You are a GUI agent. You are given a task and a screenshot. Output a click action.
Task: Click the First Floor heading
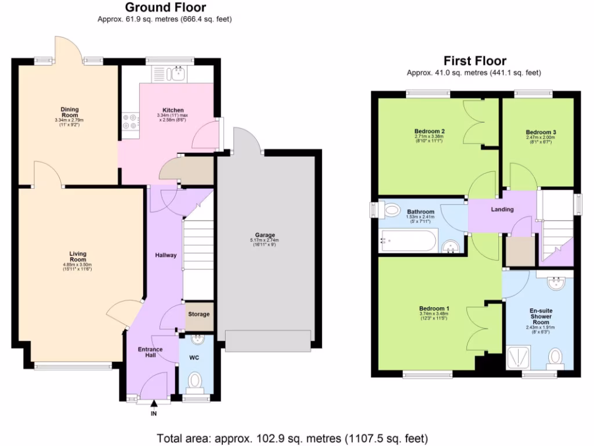point(475,60)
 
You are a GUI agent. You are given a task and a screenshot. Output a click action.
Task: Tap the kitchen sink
point(175,74)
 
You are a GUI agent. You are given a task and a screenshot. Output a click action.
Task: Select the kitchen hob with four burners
point(131,121)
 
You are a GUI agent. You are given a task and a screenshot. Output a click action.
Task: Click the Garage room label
point(265,235)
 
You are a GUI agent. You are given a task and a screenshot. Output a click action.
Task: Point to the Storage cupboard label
point(199,314)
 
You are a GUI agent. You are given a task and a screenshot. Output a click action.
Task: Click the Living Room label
point(78,257)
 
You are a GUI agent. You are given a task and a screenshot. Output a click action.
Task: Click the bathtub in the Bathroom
point(407,240)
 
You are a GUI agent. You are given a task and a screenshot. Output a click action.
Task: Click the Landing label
point(502,209)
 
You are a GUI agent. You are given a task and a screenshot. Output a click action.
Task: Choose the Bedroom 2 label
point(429,131)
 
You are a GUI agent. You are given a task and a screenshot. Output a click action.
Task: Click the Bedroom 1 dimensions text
point(434,316)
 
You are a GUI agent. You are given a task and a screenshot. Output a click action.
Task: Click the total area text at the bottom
point(292,437)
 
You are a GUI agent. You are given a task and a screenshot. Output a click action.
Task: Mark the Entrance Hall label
point(150,352)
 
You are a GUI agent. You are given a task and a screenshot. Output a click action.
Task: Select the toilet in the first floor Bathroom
point(392,209)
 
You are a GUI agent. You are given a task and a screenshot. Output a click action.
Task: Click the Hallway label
point(165,255)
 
